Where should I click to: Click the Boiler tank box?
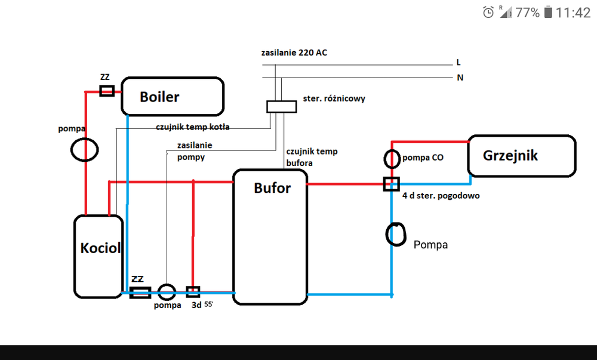tap(172, 96)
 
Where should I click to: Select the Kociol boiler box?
tap(99, 257)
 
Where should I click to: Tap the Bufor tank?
tap(270, 238)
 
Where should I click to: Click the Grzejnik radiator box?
tap(522, 156)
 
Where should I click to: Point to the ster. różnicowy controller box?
tap(281, 106)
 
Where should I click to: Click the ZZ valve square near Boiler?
tap(107, 91)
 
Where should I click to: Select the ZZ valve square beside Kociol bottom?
tap(140, 293)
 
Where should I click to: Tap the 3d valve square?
tap(193, 292)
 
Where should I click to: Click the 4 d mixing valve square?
tap(391, 183)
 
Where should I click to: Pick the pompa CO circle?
tap(391, 159)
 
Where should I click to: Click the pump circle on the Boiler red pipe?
tap(84, 149)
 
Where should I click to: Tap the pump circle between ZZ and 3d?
tap(167, 292)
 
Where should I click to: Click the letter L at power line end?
tap(458, 62)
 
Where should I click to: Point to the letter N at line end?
tap(458, 78)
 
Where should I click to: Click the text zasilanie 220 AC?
tap(294, 53)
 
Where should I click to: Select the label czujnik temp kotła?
tap(192, 127)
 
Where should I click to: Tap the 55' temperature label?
tap(208, 304)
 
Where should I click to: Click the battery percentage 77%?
tap(527, 13)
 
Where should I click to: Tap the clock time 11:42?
tap(573, 13)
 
